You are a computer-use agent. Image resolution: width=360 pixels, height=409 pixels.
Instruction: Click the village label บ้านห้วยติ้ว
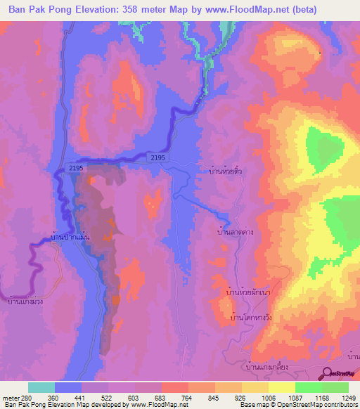(226, 170)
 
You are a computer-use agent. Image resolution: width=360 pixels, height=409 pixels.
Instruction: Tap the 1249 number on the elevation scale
(340, 397)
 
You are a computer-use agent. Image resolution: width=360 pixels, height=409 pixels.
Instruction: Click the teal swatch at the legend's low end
(41, 387)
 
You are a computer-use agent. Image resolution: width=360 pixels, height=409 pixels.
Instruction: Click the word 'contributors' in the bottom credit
(339, 405)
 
